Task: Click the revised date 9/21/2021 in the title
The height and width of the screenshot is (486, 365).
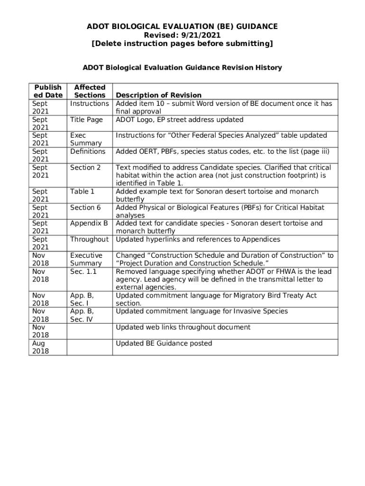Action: click(199, 35)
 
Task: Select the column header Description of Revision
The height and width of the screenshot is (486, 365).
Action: click(159, 95)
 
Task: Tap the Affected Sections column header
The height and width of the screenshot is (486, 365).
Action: click(90, 91)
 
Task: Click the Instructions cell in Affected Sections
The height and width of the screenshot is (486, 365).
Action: click(90, 103)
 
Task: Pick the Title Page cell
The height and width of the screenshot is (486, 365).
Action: click(86, 120)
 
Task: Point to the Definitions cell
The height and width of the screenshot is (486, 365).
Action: click(88, 151)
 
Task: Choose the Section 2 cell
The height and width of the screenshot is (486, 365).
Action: click(85, 168)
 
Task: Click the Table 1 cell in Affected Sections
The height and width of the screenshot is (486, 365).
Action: click(82, 191)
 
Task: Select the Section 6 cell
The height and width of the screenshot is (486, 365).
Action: click(85, 207)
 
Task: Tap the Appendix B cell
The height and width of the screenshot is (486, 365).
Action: click(89, 223)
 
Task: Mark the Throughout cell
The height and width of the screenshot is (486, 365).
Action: click(89, 239)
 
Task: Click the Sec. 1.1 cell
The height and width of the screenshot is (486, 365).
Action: click(83, 271)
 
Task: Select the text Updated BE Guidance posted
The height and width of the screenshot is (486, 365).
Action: click(164, 343)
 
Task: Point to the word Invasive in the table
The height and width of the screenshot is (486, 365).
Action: click(246, 311)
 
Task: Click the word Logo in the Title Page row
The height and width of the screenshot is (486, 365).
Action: click(147, 120)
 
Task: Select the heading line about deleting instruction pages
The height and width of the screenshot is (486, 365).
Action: click(182, 44)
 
